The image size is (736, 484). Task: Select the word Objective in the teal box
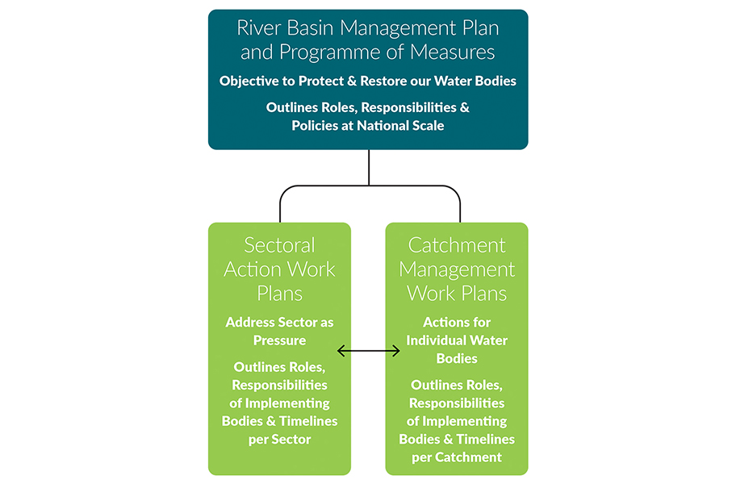pyautogui.click(x=250, y=81)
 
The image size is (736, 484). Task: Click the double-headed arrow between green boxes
pyautogui.click(x=368, y=350)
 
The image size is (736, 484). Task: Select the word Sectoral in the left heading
pyautogui.click(x=279, y=245)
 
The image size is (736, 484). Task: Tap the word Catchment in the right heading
pyautogui.click(x=457, y=245)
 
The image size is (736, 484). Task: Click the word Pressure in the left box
pyautogui.click(x=279, y=340)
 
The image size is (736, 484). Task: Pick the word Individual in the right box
pyautogui.click(x=437, y=340)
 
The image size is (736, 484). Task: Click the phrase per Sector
pyautogui.click(x=279, y=440)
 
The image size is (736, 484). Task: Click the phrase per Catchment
pyautogui.click(x=457, y=457)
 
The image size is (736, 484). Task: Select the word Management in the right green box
pyautogui.click(x=457, y=269)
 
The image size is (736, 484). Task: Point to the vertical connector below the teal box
pyautogui.click(x=369, y=167)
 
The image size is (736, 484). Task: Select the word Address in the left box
pyautogui.click(x=249, y=322)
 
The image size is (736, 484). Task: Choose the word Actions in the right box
pyautogui.click(x=446, y=322)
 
